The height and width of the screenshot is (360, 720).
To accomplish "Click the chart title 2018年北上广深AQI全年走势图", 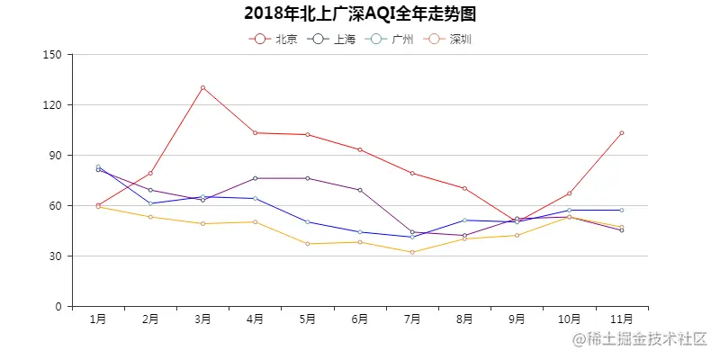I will (360, 13).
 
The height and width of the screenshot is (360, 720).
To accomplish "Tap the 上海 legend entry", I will (332, 39).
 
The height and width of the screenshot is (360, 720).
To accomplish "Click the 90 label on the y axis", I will (56, 155).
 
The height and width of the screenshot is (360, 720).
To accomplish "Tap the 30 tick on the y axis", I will (56, 256).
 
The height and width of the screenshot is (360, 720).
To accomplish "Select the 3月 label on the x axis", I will (202, 319).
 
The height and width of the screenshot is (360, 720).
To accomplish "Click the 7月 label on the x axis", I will (412, 319).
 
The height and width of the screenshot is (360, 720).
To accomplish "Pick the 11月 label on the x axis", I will (621, 319).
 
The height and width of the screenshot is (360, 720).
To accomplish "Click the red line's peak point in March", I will (202, 87).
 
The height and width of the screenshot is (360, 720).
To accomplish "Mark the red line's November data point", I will (621, 133).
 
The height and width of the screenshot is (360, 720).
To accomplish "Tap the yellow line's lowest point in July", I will (412, 252).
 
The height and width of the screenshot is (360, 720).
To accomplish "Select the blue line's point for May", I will (308, 221).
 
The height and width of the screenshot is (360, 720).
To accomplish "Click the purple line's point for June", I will (360, 190).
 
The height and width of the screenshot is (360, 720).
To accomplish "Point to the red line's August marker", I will (464, 188).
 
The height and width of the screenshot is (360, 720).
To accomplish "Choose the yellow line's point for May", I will (308, 244).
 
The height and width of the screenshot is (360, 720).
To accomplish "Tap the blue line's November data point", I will (621, 210).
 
